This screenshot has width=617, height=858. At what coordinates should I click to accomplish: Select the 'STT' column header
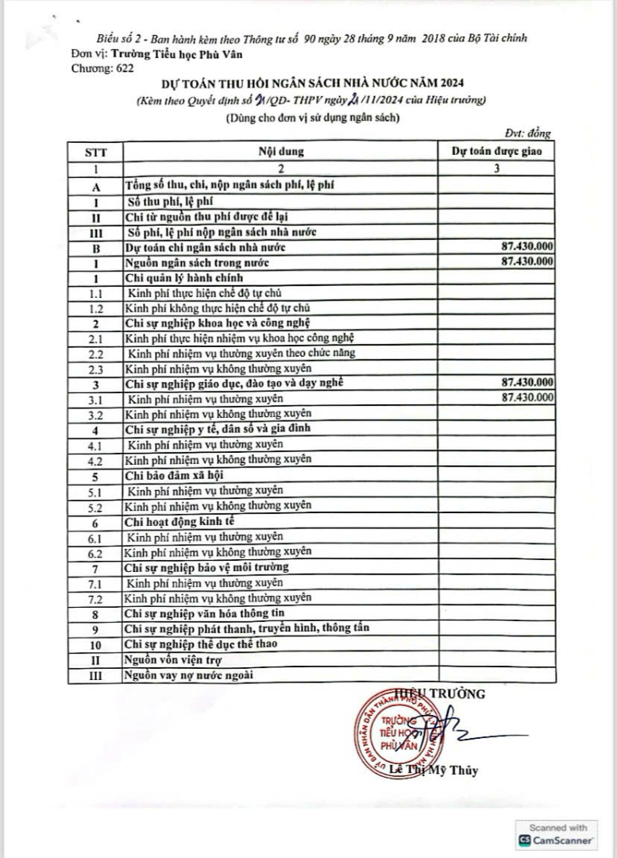[x=94, y=152]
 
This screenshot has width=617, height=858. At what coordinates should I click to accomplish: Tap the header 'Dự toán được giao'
[x=496, y=151]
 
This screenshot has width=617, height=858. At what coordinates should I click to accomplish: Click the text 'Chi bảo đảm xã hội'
[x=169, y=475]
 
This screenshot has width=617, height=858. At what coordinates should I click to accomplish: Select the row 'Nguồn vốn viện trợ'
[x=172, y=659]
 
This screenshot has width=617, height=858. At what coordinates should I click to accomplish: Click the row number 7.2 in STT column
[x=94, y=599]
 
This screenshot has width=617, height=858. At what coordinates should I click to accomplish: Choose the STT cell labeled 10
[x=94, y=644]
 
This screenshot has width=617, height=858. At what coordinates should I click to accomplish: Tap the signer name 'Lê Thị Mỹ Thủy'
[x=435, y=771]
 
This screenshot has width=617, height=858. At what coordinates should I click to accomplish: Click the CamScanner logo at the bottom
[x=556, y=839]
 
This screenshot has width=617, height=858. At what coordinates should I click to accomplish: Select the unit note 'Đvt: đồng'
[x=527, y=133]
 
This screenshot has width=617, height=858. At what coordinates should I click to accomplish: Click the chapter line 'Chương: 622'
[x=102, y=68]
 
